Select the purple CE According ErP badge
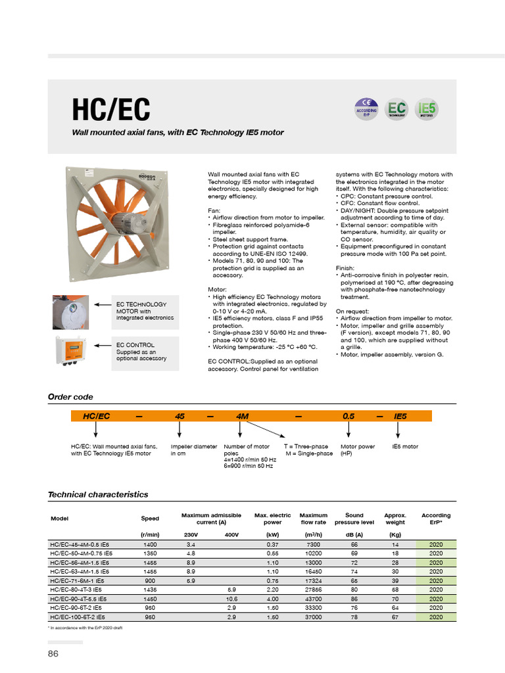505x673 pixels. click(366, 108)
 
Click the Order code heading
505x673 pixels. click(70, 397)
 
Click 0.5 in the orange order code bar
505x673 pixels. click(349, 416)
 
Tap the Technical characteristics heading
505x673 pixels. click(98, 494)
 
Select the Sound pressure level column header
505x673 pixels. click(354, 519)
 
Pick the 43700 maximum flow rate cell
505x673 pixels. click(313, 599)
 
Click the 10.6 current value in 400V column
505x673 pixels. click(231, 599)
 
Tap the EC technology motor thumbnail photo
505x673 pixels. click(70, 312)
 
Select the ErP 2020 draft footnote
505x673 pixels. click(85, 628)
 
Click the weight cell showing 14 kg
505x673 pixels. click(395, 545)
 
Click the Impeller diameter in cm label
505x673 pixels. click(193, 450)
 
